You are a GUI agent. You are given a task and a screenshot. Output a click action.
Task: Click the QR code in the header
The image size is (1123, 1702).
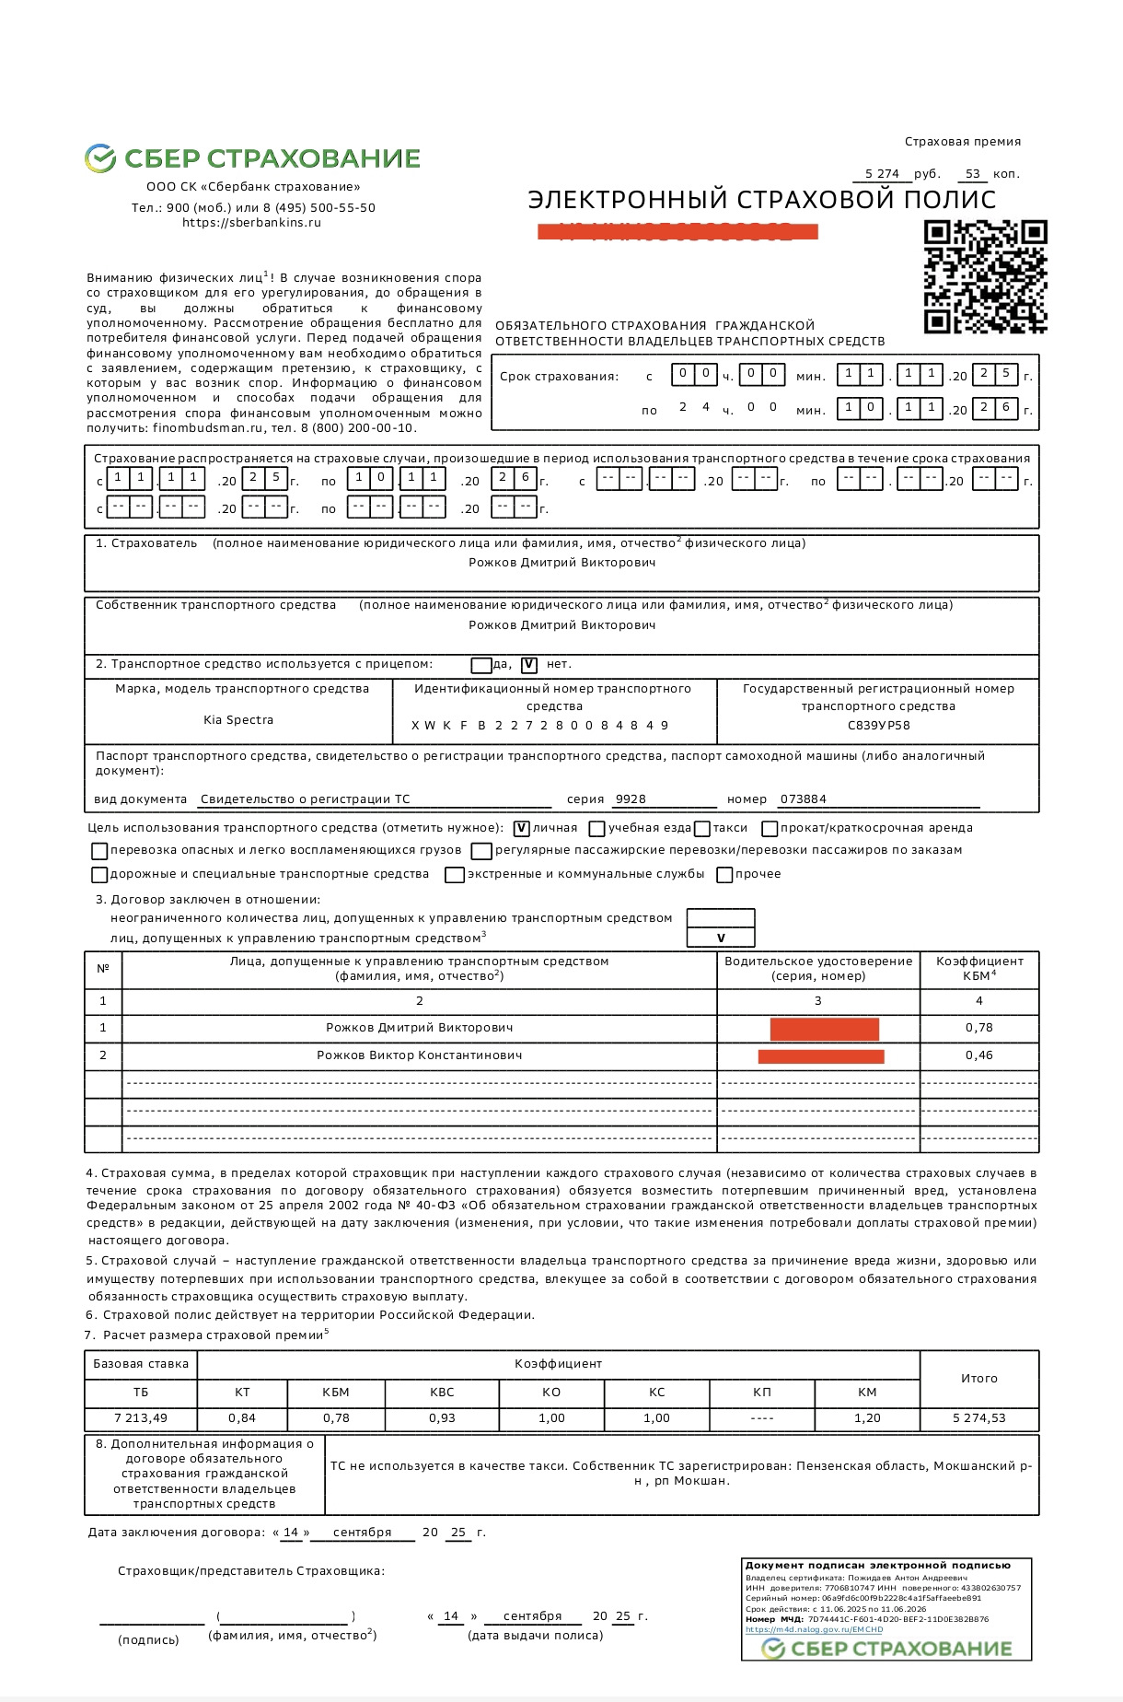985,276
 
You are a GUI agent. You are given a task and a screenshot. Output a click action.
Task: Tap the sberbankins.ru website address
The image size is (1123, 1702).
251,223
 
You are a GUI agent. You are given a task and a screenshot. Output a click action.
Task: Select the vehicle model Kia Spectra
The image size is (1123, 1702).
238,720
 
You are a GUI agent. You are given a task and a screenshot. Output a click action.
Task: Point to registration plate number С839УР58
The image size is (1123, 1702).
878,726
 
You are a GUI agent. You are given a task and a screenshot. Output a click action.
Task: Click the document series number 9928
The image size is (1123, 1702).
631,799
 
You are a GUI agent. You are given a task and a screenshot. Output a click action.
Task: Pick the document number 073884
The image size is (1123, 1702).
804,799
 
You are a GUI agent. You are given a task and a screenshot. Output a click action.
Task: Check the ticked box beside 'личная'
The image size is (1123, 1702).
522,828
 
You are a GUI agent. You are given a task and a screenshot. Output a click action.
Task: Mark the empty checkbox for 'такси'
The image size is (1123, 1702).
702,829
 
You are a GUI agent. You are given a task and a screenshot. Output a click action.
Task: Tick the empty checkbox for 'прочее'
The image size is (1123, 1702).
725,875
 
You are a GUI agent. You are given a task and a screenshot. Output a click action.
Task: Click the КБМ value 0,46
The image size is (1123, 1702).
979,1055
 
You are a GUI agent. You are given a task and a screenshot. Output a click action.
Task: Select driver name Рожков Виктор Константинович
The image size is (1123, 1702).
420,1055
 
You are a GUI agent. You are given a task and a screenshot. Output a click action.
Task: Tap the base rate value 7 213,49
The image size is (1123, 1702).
141,1418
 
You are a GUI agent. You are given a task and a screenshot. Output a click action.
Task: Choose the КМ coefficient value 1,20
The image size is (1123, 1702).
867,1418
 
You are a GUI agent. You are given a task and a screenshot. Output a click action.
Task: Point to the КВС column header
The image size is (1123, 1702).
442,1393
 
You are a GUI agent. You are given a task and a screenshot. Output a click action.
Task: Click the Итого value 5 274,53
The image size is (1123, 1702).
979,1418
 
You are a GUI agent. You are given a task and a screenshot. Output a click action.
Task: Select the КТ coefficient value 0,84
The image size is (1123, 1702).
242,1418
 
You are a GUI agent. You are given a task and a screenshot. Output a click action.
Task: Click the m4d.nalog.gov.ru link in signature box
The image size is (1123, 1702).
814,1629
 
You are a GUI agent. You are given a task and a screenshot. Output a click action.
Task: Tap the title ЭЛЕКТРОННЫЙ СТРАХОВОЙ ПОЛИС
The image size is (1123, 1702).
762,200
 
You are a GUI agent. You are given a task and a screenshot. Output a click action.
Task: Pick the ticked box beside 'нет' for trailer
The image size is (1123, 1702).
529,665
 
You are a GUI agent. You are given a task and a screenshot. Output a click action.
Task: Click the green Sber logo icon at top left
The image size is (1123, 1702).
99,158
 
